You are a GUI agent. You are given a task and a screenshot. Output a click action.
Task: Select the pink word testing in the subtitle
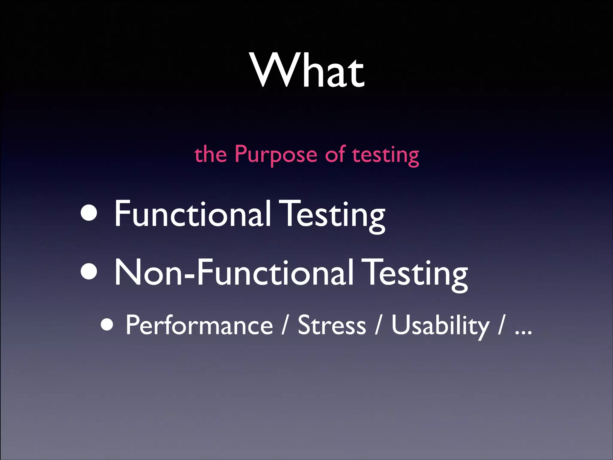(x=386, y=155)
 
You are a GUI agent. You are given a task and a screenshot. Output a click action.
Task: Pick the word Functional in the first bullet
(x=193, y=213)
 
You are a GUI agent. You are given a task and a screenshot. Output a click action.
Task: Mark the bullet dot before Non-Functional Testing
(x=89, y=271)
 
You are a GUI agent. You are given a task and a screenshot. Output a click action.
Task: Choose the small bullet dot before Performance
(x=107, y=324)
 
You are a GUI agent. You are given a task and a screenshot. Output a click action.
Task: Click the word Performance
(x=199, y=325)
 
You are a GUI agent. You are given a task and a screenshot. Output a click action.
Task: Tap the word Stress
(x=332, y=325)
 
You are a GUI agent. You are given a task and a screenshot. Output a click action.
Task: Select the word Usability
(x=440, y=326)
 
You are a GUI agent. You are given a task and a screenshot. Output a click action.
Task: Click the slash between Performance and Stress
(x=285, y=326)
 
